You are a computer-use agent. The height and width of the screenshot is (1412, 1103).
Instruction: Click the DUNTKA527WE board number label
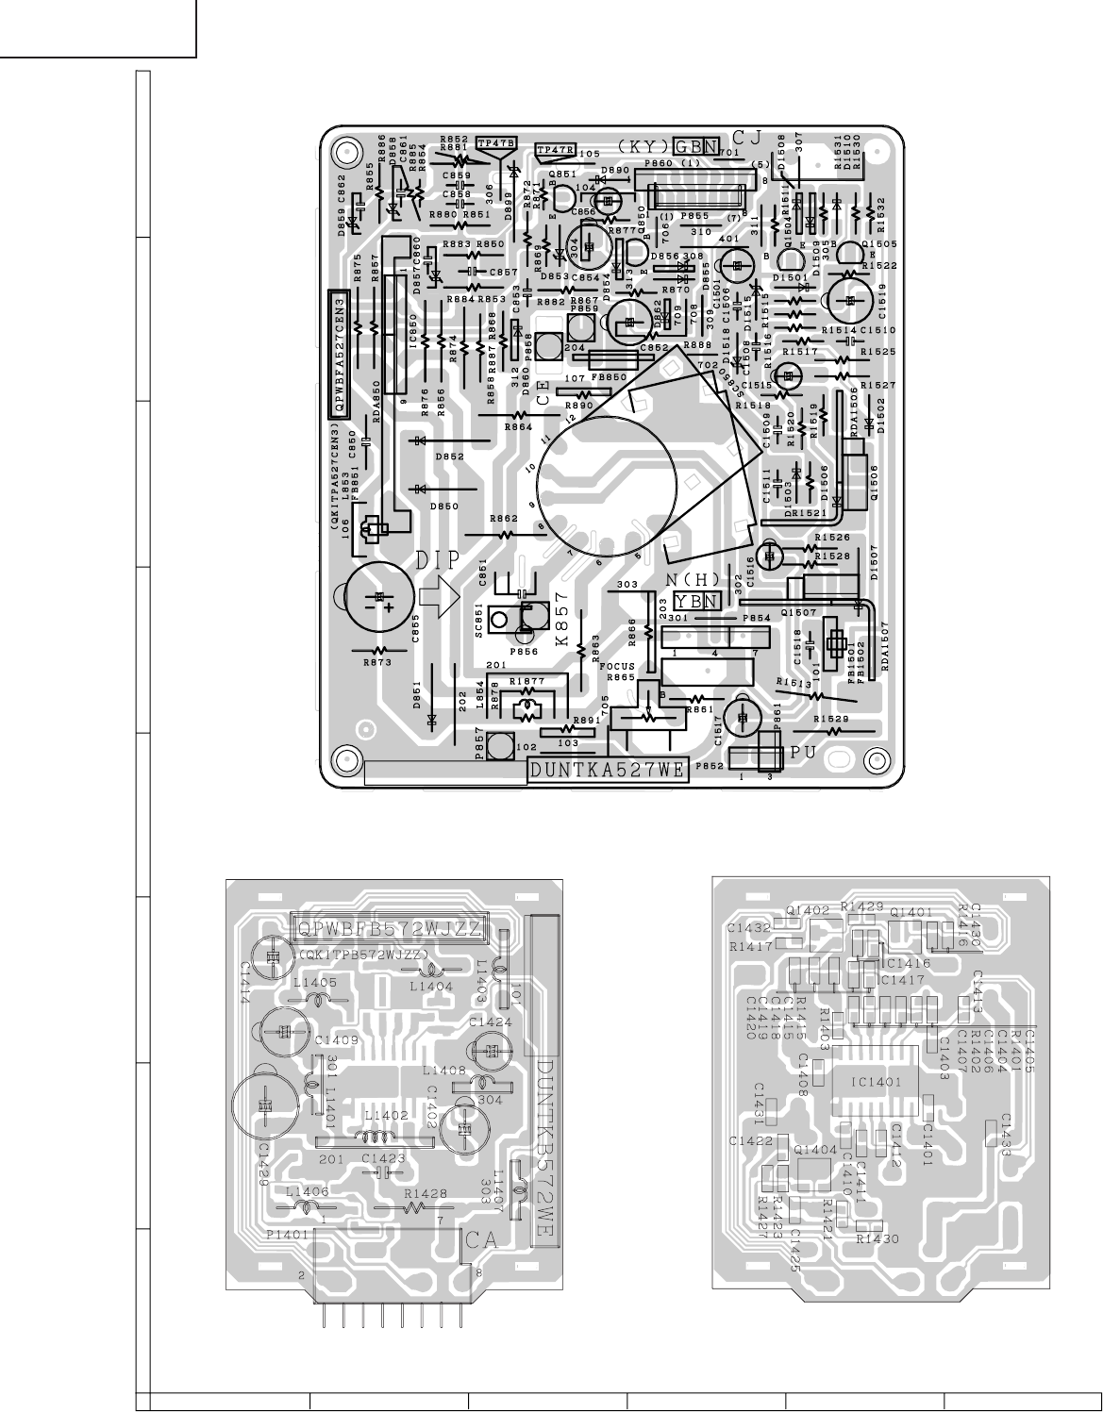click(x=608, y=770)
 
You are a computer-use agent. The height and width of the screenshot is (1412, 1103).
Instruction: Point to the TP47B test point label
click(x=497, y=143)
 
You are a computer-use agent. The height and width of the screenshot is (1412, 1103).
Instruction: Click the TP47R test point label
click(x=555, y=149)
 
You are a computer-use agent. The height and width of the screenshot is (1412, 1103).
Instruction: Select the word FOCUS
click(x=617, y=666)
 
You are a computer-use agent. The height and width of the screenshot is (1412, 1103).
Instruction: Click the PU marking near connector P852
click(x=802, y=755)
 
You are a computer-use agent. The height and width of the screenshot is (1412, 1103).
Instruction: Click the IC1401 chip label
click(x=874, y=1081)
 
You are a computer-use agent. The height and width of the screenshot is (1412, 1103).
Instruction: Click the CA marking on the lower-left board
click(x=480, y=1241)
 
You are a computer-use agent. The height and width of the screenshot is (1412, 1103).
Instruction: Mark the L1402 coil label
click(x=387, y=1115)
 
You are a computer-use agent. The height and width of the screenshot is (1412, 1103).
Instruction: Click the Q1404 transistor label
click(x=816, y=1150)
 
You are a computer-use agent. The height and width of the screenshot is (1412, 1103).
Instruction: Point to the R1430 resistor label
click(x=877, y=1239)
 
